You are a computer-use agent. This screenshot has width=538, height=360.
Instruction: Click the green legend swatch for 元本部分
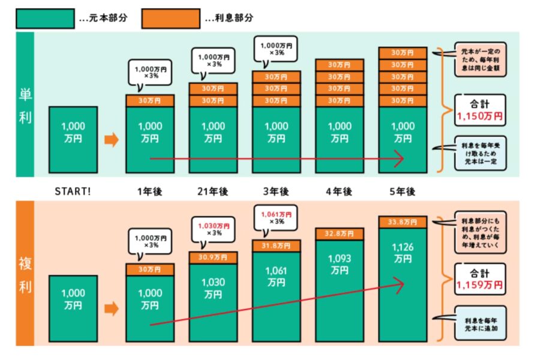(x=45, y=19)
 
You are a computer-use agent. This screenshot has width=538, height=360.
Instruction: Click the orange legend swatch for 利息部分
(x=170, y=19)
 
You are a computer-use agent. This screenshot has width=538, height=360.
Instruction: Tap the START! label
(x=73, y=191)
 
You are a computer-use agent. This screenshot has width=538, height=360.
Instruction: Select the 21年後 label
(x=213, y=191)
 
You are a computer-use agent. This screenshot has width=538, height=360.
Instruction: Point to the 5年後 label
(x=402, y=191)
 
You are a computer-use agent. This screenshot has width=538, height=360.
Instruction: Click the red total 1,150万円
(x=480, y=116)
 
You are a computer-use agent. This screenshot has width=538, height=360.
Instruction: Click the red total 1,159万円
(x=480, y=285)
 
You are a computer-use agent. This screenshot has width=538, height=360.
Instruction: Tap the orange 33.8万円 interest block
(x=403, y=222)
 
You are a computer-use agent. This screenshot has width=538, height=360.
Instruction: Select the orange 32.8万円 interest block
(x=339, y=234)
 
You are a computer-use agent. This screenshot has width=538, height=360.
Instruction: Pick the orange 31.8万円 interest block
(x=276, y=246)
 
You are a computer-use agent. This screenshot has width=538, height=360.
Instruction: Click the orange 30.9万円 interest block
(x=213, y=257)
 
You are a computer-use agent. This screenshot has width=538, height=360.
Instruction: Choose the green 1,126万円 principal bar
(x=403, y=285)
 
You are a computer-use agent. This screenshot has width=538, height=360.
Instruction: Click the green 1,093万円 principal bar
(x=339, y=291)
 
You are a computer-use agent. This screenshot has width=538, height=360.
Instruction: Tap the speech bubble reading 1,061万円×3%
(x=276, y=218)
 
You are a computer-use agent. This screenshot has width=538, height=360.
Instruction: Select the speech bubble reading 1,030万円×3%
(x=213, y=230)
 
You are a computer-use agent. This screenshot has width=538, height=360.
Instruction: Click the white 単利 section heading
(x=25, y=106)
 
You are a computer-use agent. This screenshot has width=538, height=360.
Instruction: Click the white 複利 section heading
(x=25, y=275)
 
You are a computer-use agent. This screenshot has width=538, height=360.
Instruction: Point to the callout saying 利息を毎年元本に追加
(x=480, y=323)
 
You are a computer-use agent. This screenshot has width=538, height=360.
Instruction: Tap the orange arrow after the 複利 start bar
(x=112, y=308)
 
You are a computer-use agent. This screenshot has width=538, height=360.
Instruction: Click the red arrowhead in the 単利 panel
(x=399, y=158)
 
